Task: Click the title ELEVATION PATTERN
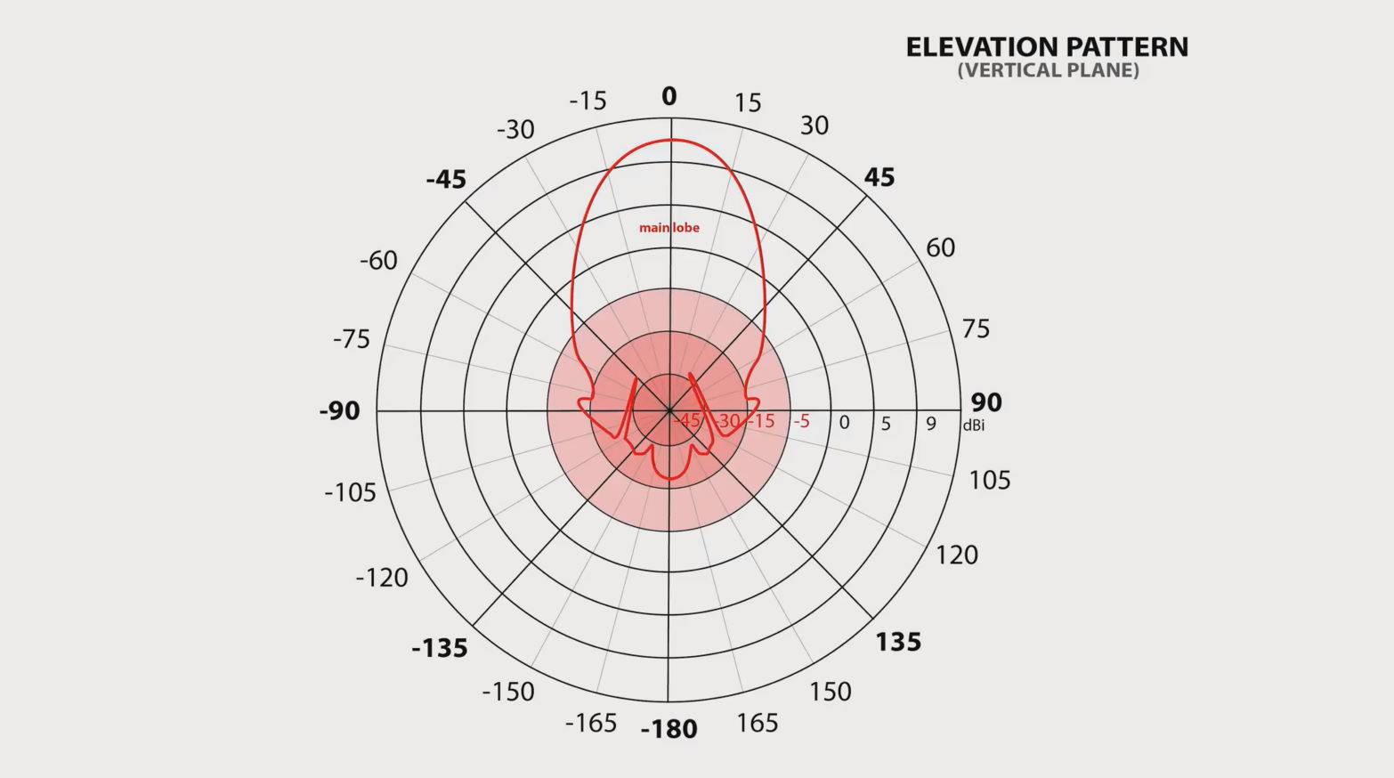1047,47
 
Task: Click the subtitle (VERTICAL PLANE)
1048,71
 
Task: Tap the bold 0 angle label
669,96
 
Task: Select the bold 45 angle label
879,177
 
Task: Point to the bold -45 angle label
446,180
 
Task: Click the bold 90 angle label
986,402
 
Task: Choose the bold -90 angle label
340,411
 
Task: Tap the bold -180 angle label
669,730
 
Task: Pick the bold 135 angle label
897,642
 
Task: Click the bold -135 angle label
440,648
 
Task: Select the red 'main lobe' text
669,228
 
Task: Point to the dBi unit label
973,425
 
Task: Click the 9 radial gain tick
931,424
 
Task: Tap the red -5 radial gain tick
801,421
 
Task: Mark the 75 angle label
976,329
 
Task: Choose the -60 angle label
378,261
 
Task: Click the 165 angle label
757,723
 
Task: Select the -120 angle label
382,578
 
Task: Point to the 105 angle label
990,481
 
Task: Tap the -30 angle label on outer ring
515,130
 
